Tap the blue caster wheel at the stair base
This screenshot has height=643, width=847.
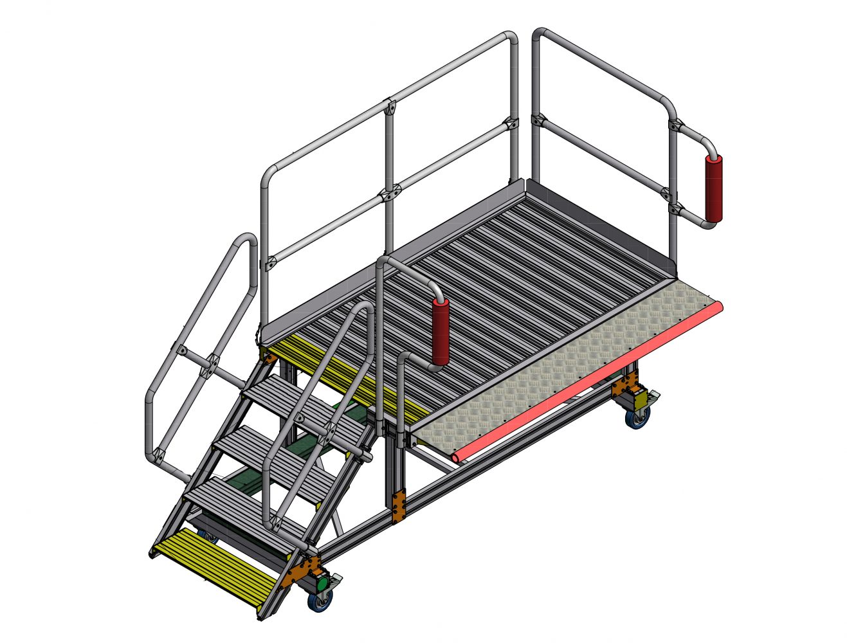click(x=320, y=602)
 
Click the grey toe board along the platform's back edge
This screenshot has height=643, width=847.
click(x=598, y=219)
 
